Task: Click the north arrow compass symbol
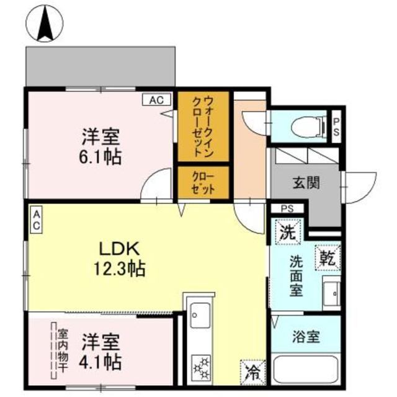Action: pos(45,23)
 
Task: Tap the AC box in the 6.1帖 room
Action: pos(157,100)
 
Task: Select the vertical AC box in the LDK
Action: pos(37,220)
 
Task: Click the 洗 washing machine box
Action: pos(288,232)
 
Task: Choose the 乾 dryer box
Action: pos(328,257)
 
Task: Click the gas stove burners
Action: pos(202,368)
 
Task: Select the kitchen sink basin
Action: pos(200,315)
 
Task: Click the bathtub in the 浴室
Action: pos(306,370)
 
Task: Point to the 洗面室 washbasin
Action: pos(332,293)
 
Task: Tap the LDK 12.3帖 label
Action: pos(119,258)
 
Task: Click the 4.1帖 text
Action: pos(100,362)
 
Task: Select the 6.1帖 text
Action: pos(100,157)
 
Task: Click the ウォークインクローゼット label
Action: pos(203,127)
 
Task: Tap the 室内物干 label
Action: pos(63,350)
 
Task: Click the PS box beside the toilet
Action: pos(336,127)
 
